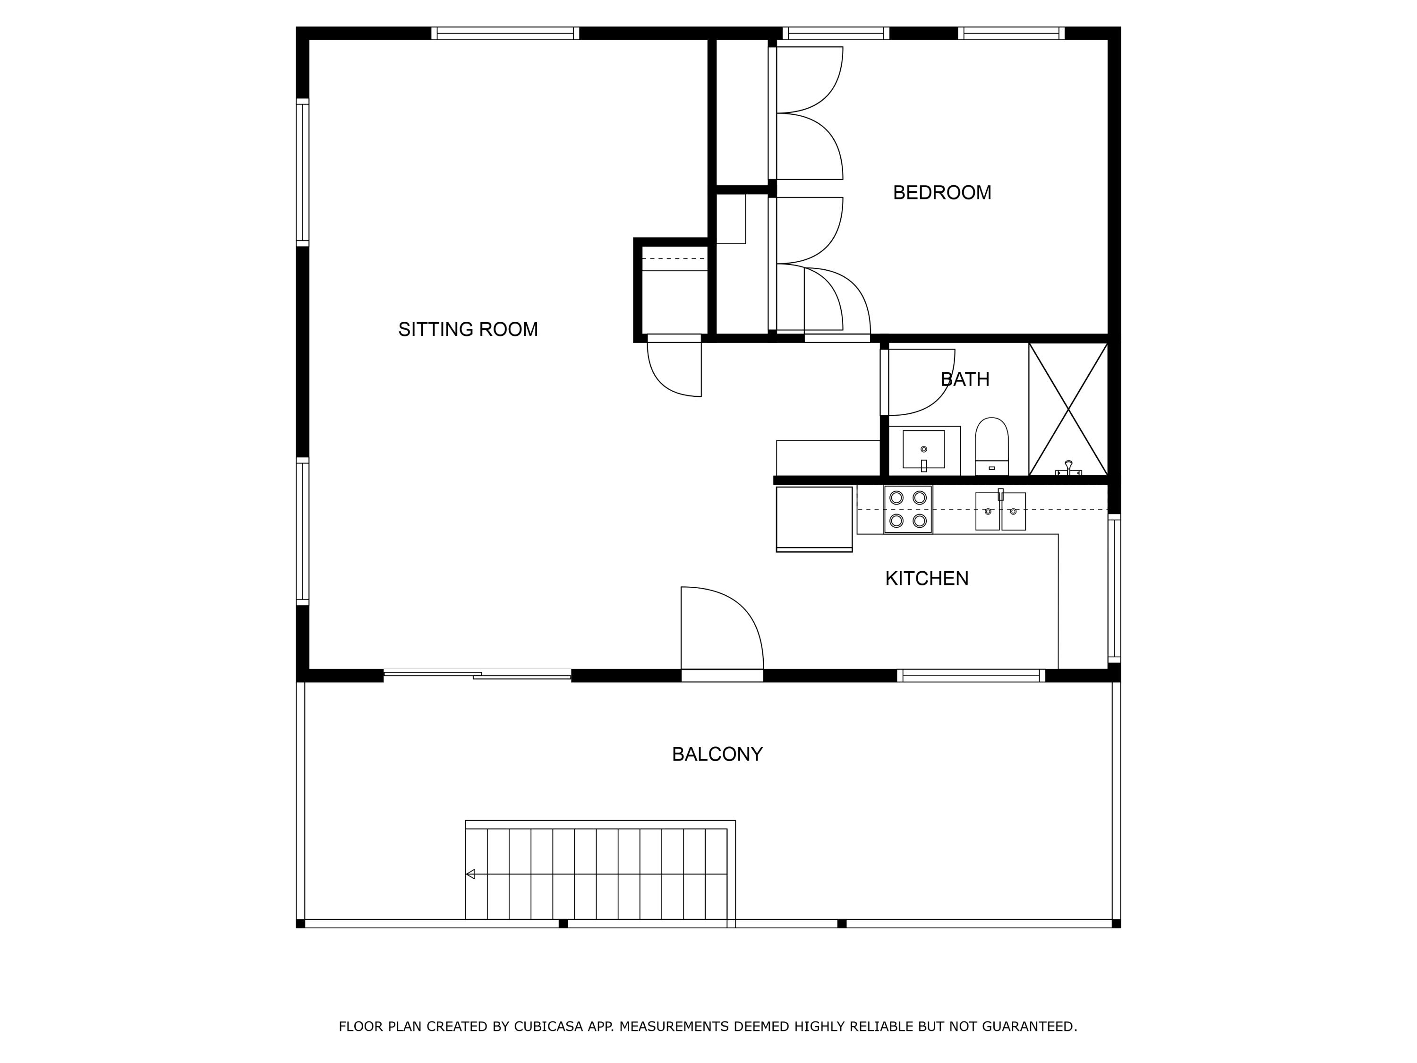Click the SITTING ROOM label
pyautogui.click(x=468, y=329)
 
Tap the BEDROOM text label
pyautogui.click(x=942, y=193)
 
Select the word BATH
pyautogui.click(x=965, y=379)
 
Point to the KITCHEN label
pyautogui.click(x=926, y=579)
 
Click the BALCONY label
pyautogui.click(x=717, y=754)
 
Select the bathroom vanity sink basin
pyautogui.click(x=923, y=449)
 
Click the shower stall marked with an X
pyautogui.click(x=1068, y=409)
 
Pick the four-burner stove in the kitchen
pyautogui.click(x=908, y=509)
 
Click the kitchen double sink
pyautogui.click(x=1000, y=511)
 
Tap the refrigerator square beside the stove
pyautogui.click(x=813, y=518)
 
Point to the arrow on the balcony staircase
pyautogui.click(x=470, y=874)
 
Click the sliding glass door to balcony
pyautogui.click(x=477, y=674)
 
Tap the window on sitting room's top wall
pyautogui.click(x=505, y=34)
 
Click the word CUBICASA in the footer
pyautogui.click(x=548, y=1027)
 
